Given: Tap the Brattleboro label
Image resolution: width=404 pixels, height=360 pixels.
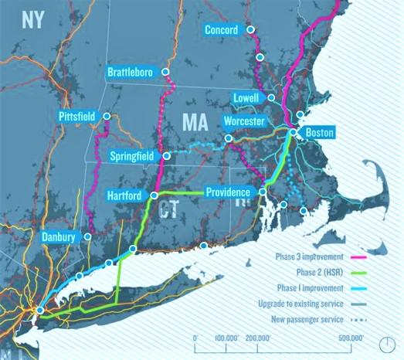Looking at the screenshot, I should tap(134, 72).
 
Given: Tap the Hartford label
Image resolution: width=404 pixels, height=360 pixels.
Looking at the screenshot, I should tap(124, 196).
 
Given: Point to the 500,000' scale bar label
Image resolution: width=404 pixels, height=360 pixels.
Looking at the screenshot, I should tap(349, 338).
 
